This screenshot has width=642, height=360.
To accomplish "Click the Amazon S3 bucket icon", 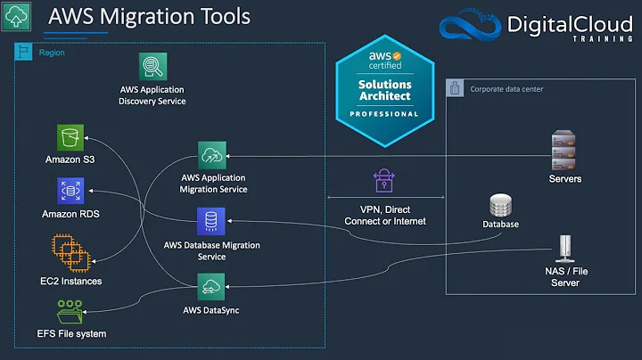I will [x=69, y=138].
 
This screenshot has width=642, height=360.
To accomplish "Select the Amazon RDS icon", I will [x=69, y=192].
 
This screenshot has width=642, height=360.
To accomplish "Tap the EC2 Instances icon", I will [x=69, y=253].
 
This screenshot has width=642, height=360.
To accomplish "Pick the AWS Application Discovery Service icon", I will [x=152, y=67].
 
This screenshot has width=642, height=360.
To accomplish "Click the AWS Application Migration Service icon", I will [x=212, y=155].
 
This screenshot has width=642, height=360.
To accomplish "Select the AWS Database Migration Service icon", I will [x=211, y=220].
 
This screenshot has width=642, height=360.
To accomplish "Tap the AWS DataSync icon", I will [x=211, y=287].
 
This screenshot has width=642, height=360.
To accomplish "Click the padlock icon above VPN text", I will [x=384, y=181].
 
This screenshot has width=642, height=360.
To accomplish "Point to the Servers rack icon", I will [x=564, y=152].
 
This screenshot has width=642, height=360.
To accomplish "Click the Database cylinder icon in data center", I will [x=499, y=206].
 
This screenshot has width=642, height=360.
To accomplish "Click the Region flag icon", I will [x=24, y=53].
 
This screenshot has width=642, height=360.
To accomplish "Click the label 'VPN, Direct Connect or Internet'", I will [x=384, y=215].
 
